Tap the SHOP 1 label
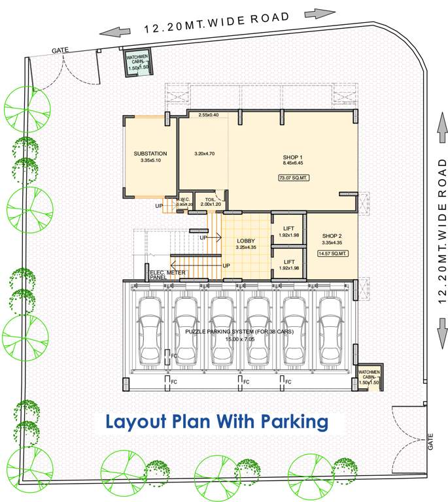click(292, 158)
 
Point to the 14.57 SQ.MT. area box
click(332, 253)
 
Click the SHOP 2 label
click(332, 236)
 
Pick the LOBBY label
click(246, 241)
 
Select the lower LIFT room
click(288, 264)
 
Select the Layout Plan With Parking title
click(216, 422)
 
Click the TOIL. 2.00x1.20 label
click(210, 202)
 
